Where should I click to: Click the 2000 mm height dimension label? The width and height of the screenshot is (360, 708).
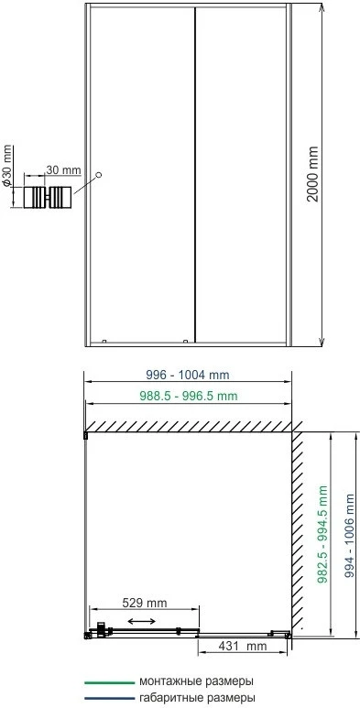click(x=312, y=174)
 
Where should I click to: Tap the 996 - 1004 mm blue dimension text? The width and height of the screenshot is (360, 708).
click(x=188, y=375)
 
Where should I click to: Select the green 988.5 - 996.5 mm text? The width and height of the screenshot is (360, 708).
click(x=188, y=396)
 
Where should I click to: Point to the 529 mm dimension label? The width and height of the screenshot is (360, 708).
click(x=144, y=603)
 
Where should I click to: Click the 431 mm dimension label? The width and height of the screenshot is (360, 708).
click(x=243, y=646)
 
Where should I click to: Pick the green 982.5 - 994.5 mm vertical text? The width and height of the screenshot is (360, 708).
click(x=322, y=534)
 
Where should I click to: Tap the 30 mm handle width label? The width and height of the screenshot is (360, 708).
click(x=63, y=170)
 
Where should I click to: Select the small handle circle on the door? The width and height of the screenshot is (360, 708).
click(x=99, y=175)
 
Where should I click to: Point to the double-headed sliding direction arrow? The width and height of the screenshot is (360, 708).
click(x=142, y=622)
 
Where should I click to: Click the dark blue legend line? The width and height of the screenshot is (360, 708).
click(x=110, y=699)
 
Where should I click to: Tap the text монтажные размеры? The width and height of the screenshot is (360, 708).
click(x=196, y=681)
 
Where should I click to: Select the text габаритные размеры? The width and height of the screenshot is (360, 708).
click(x=198, y=698)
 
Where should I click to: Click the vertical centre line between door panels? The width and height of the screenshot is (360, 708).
click(x=195, y=175)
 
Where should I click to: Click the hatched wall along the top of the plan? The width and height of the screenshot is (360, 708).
click(x=190, y=427)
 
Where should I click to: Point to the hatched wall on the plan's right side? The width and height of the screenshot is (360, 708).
click(x=297, y=530)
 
